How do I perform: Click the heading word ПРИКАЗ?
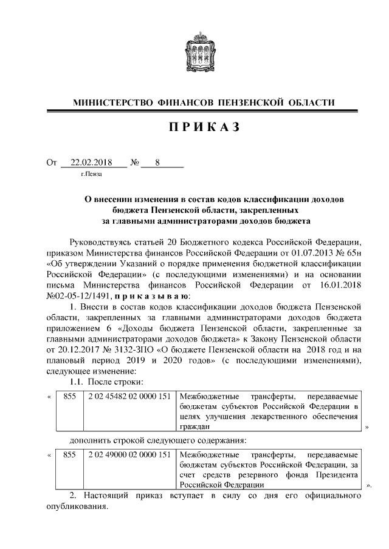click(x=194, y=127)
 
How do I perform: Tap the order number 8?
click(x=158, y=163)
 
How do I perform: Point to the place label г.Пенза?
click(x=91, y=175)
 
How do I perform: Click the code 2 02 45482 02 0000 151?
click(x=129, y=396)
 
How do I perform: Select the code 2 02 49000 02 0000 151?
click(x=129, y=454)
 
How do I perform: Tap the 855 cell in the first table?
click(x=69, y=396)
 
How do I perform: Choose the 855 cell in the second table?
click(x=69, y=454)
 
